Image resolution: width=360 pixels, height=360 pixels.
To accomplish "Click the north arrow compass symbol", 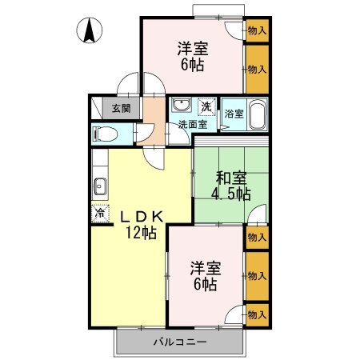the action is pos(90,30).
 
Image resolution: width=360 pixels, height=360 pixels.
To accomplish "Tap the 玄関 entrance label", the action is pos(122,108).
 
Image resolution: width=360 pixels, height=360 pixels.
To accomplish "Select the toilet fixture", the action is pos(105,134).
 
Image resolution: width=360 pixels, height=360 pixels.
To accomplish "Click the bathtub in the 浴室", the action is pos(257,114).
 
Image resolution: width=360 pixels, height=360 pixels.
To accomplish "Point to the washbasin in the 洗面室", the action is pos(182,104).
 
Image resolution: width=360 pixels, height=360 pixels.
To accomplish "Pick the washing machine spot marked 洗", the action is pos(206,106).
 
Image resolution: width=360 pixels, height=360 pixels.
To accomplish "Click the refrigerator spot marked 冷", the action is pos(100,214).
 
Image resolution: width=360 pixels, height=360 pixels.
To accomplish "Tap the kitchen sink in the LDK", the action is pos(100,186).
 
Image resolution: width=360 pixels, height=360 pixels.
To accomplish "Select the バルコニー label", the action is pos(180,342).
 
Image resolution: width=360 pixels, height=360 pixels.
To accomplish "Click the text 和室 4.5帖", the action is pos(231,186).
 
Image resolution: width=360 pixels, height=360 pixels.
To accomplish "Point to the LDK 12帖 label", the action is pos(142,225).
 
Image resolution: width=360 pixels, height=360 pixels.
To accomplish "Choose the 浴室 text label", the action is pos(234,114).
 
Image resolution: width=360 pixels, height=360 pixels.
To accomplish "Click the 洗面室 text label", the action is pos(193,124).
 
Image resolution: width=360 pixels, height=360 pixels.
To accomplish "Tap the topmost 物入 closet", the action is pos(257,30).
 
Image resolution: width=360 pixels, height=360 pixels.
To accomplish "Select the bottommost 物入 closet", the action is pos(257,315).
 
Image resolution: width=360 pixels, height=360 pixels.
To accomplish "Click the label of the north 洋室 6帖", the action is pos(193,56).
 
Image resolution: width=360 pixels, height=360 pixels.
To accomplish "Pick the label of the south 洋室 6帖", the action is pos(206,276).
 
